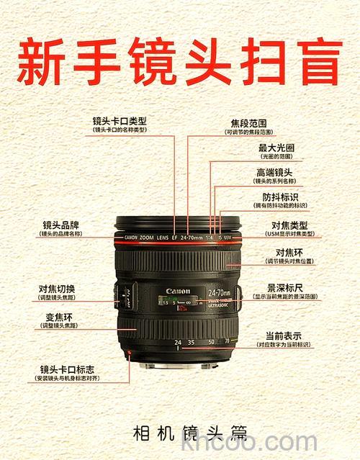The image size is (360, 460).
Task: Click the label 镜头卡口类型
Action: tap(120, 120)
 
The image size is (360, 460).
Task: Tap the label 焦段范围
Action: tap(248, 123)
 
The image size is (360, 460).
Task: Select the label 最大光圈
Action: tap(276, 148)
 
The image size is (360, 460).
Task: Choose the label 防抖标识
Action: tap(280, 197)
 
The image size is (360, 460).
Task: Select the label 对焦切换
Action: tap(57, 289)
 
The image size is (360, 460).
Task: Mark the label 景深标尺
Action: tap(286, 287)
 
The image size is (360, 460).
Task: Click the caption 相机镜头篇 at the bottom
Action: tap(190, 433)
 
